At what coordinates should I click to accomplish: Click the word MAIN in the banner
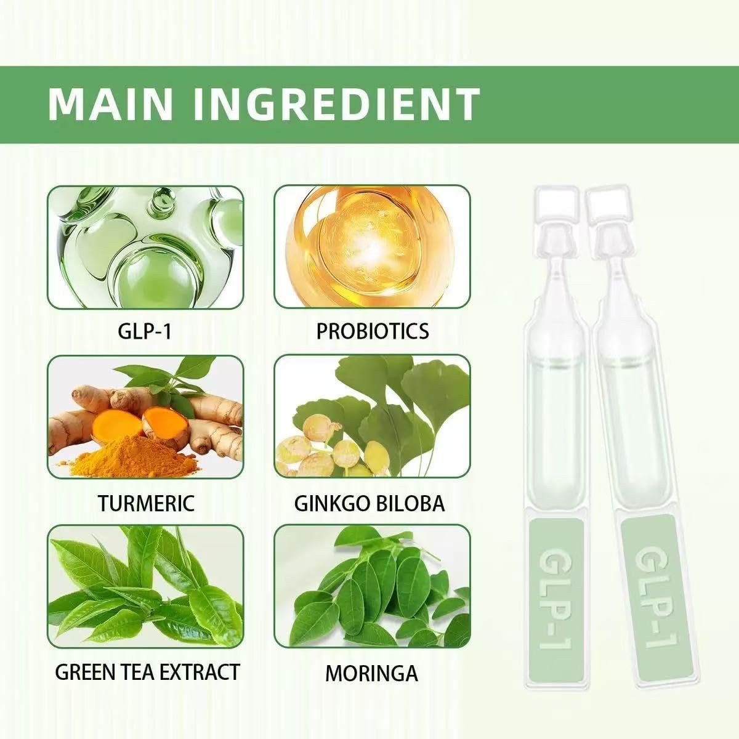tap(110, 104)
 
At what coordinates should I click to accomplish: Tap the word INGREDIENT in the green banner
tap(336, 104)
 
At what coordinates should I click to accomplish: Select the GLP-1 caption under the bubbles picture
tap(145, 332)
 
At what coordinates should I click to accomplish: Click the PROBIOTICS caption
tap(373, 331)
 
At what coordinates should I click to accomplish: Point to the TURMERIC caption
tap(146, 503)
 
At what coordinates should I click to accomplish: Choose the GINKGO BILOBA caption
tap(369, 503)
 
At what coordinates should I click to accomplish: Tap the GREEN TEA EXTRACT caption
tap(148, 672)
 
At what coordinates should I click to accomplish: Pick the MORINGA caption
tap(371, 674)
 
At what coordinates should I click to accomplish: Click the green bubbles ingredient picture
tap(145, 248)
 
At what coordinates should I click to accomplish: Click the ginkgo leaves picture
tap(372, 416)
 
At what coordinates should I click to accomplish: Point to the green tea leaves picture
tap(145, 586)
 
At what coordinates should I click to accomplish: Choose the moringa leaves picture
tap(372, 586)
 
